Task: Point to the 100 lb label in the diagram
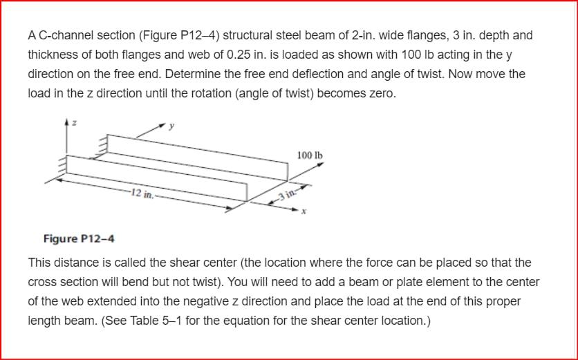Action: coord(309,154)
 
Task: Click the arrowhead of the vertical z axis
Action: coord(67,122)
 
